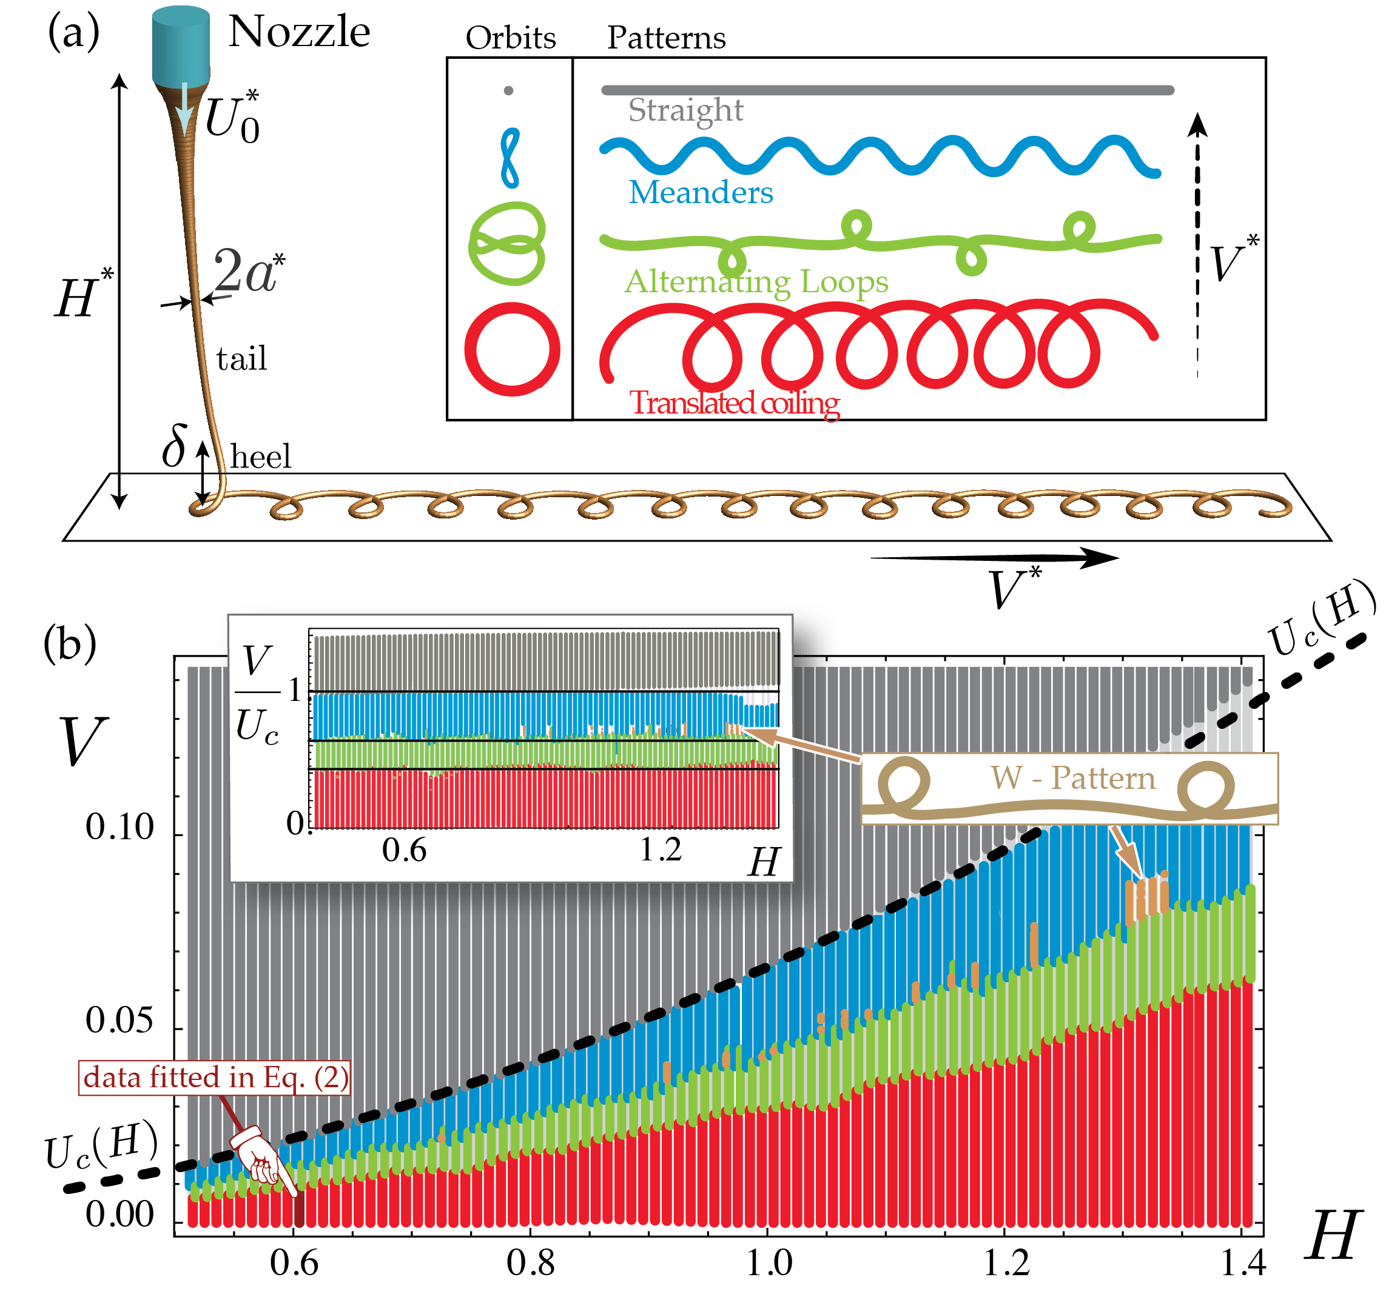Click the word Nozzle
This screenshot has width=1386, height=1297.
tap(299, 32)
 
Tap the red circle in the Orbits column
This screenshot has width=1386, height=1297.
tap(512, 349)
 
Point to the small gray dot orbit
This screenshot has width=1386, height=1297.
tap(508, 90)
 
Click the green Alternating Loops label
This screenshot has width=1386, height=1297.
tap(756, 282)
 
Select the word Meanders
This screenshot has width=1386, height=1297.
tap(701, 192)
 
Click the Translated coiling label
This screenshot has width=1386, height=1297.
tap(734, 403)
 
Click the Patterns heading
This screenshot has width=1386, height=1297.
tap(666, 38)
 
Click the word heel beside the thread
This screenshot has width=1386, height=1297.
tap(261, 457)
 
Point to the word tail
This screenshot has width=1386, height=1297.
tap(241, 359)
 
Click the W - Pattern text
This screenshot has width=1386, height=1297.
tap(1073, 778)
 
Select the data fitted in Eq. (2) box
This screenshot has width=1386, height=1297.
tap(214, 1077)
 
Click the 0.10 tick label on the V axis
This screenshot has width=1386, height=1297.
tap(119, 827)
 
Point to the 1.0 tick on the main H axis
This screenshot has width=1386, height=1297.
tap(769, 1262)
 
